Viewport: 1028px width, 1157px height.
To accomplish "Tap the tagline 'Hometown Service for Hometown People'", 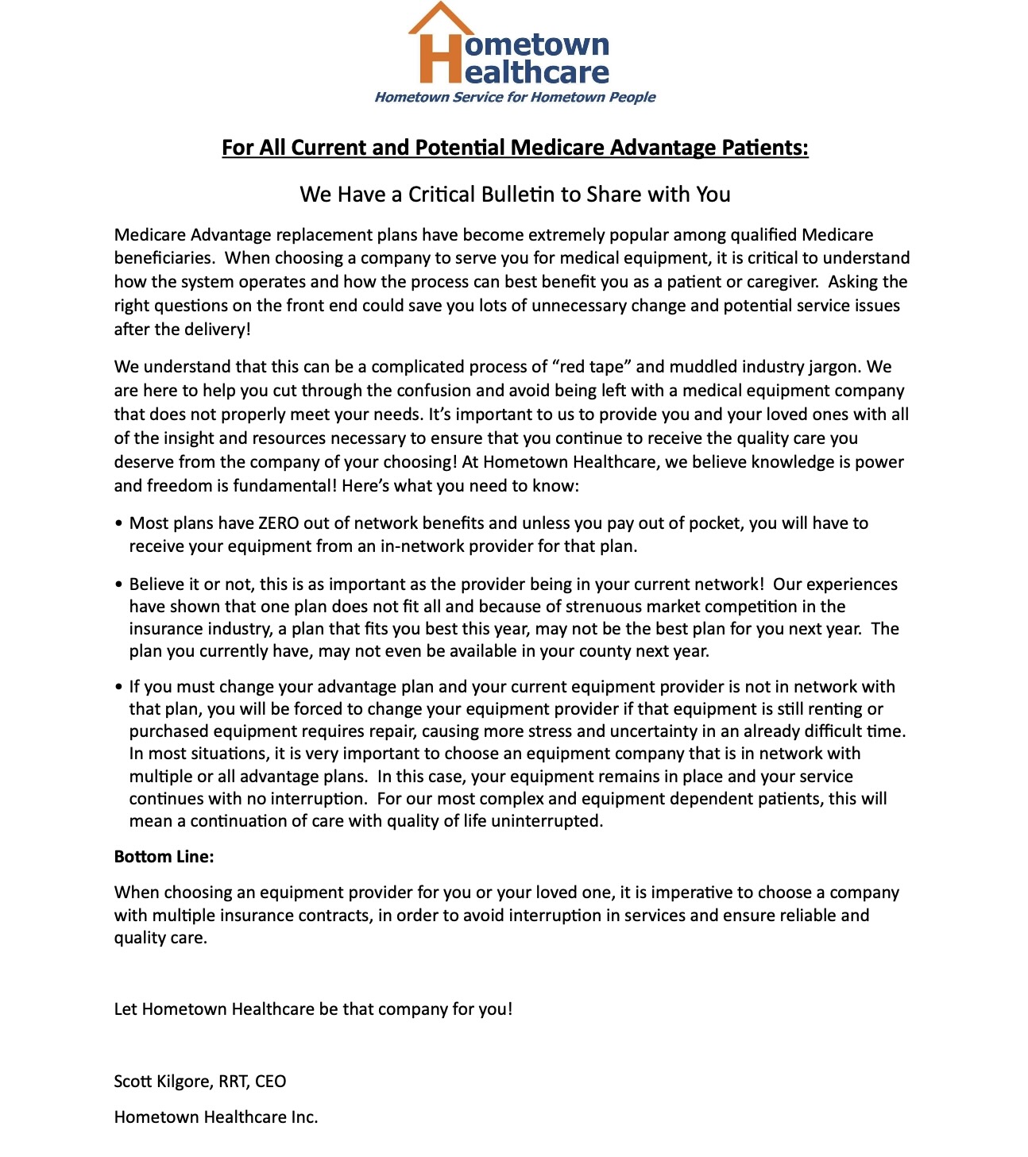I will click(x=515, y=97).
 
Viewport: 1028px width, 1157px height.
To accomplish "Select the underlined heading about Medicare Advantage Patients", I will click(x=515, y=148).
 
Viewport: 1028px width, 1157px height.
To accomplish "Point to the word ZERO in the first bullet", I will click(x=279, y=523).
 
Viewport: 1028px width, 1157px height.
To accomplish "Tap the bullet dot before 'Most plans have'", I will click(x=118, y=524).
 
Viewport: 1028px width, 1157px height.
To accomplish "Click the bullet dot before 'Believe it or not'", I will click(x=118, y=585).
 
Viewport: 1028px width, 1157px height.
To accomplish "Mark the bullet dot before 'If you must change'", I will click(x=118, y=688).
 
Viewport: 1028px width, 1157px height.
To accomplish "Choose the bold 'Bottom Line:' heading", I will click(x=164, y=857).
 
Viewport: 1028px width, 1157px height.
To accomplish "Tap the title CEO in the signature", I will click(x=271, y=1082).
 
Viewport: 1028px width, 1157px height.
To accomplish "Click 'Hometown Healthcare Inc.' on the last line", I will click(x=216, y=1117).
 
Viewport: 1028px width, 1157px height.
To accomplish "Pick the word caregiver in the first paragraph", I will click(x=783, y=282).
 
